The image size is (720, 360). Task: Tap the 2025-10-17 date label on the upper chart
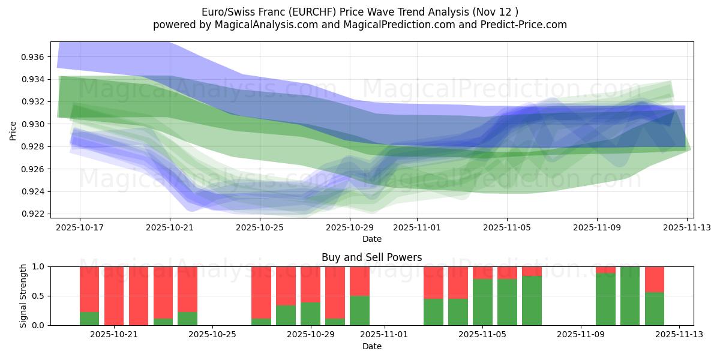(x=79, y=228)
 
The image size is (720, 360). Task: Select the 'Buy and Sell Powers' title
(x=371, y=257)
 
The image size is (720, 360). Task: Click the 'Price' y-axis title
(x=13, y=130)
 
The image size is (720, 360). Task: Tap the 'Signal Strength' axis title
(x=23, y=296)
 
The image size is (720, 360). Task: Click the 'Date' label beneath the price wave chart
(x=371, y=239)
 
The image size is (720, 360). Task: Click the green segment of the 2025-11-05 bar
(x=482, y=302)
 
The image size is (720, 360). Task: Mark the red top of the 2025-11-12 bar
(x=655, y=279)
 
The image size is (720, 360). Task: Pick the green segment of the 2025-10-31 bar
(x=359, y=310)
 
